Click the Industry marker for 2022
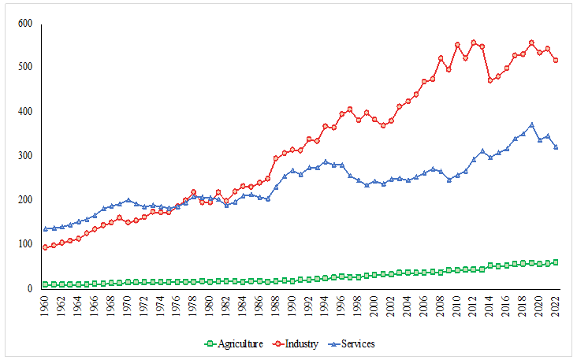(556, 61)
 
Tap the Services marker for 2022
(556, 147)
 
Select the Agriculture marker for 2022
(556, 262)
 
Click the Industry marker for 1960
(46, 247)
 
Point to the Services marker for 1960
(46, 229)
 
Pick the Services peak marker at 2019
(531, 124)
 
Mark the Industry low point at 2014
(490, 80)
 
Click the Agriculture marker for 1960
(46, 284)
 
